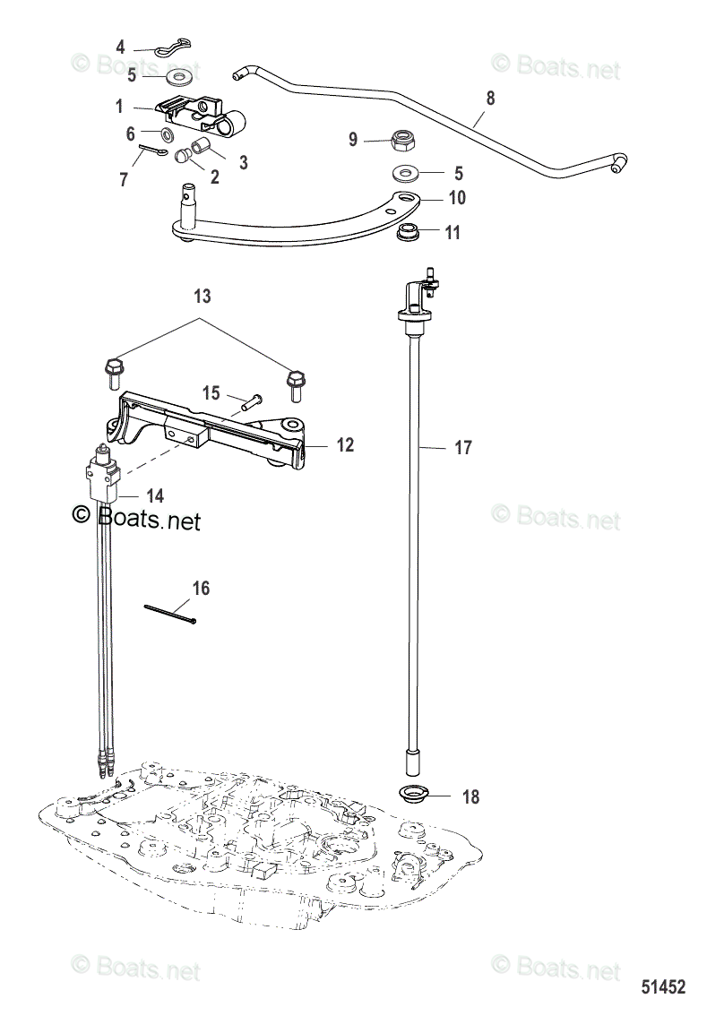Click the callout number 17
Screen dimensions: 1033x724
click(462, 447)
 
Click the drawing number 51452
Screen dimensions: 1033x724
click(663, 987)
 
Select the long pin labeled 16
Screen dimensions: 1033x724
click(170, 613)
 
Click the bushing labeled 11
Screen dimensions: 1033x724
click(410, 234)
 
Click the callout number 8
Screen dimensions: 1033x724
click(488, 97)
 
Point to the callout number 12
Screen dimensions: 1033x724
click(345, 444)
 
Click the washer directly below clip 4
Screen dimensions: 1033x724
click(183, 73)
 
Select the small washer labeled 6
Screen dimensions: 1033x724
click(168, 135)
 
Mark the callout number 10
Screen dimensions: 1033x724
click(456, 197)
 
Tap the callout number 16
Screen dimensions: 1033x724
click(201, 588)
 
